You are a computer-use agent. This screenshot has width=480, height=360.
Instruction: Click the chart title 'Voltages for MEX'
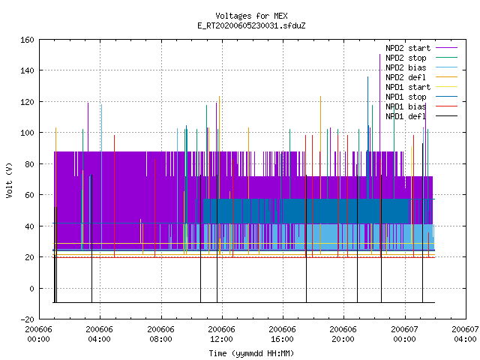251,16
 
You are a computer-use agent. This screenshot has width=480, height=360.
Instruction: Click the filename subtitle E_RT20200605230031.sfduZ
251,25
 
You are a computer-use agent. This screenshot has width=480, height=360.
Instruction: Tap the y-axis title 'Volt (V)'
9,180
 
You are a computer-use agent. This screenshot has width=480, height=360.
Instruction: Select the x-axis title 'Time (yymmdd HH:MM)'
251,353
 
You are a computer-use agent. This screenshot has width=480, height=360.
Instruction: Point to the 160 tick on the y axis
27,40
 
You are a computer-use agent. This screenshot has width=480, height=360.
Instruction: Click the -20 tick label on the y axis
27,319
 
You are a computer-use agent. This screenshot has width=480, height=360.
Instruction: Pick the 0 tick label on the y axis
31,288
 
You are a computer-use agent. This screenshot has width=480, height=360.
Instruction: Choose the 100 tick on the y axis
27,133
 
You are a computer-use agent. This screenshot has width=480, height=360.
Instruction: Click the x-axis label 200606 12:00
221,334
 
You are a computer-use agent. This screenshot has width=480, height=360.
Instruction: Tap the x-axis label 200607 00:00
404,334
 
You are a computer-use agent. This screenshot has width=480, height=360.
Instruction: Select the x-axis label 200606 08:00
160,334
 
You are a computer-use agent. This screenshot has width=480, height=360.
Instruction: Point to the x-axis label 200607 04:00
465,334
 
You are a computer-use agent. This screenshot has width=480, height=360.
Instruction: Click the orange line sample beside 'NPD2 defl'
447,77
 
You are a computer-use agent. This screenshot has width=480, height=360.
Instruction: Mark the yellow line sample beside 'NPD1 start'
447,87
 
